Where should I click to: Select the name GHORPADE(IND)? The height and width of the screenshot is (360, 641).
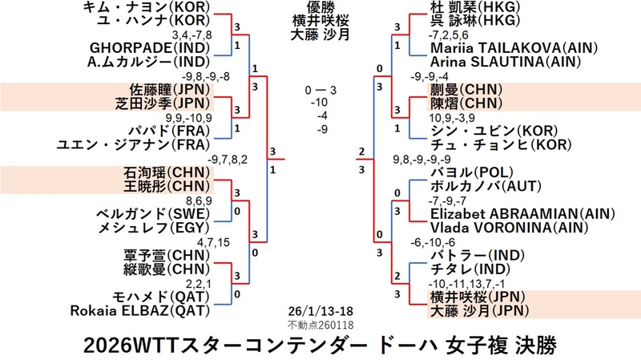151,49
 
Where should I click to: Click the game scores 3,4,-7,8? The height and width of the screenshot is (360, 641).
193,34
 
